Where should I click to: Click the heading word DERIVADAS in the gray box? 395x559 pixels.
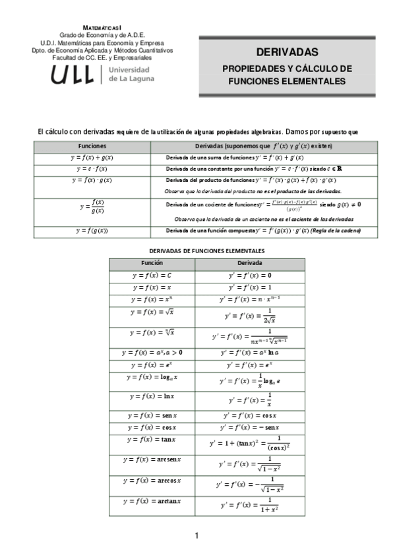[x=287, y=52]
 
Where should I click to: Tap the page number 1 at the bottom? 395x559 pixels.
[x=197, y=536]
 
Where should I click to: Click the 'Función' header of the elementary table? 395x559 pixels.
[x=152, y=262]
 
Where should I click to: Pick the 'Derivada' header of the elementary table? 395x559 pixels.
[x=250, y=262]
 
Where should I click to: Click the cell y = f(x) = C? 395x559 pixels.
[x=152, y=276]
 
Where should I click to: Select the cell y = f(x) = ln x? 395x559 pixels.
[x=152, y=396]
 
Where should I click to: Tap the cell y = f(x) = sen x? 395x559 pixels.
[x=152, y=415]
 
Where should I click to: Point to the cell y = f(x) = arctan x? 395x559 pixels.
[x=152, y=502]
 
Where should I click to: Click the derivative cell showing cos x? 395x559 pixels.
[x=250, y=415]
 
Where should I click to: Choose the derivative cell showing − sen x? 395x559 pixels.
[x=250, y=428]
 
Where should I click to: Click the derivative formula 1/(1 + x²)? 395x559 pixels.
[x=250, y=505]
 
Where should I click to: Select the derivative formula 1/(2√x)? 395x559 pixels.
[x=250, y=316]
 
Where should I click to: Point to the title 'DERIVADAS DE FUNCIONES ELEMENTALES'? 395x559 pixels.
[x=207, y=251]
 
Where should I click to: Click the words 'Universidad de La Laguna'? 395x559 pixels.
[x=131, y=74]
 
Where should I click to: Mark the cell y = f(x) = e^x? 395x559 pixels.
[x=152, y=365]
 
